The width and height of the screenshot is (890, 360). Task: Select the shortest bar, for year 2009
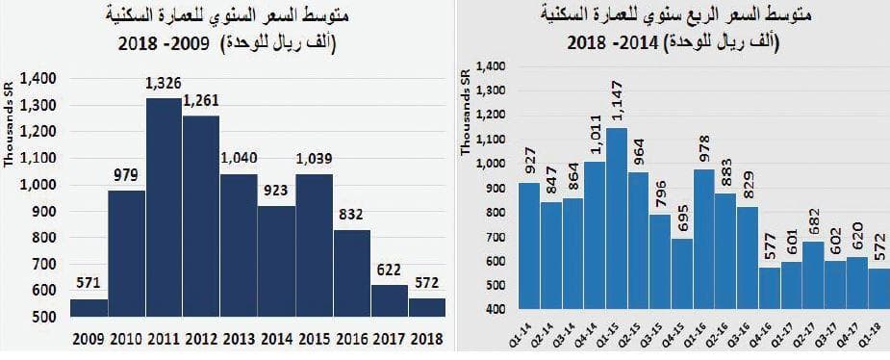click(x=89, y=307)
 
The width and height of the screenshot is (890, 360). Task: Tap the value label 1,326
click(x=164, y=85)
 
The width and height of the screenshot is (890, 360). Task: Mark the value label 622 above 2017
click(x=389, y=271)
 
